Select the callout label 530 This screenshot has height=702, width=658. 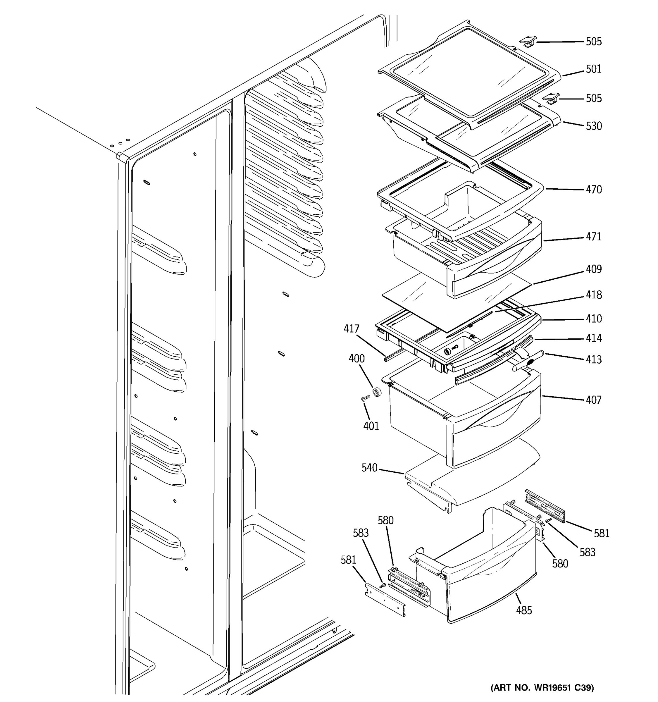(x=593, y=126)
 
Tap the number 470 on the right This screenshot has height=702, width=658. (x=593, y=190)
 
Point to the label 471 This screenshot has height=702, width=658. (x=593, y=237)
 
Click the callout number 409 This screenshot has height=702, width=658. (x=593, y=269)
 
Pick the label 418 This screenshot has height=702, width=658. (x=593, y=295)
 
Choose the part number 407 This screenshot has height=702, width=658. (x=593, y=400)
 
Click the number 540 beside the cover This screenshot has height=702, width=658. (x=369, y=468)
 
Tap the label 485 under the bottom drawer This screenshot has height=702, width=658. (x=523, y=610)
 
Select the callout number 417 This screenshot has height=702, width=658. (x=351, y=329)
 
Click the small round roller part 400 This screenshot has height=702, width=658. (x=377, y=392)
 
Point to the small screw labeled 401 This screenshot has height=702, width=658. (x=365, y=399)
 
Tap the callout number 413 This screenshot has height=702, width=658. (x=593, y=359)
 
